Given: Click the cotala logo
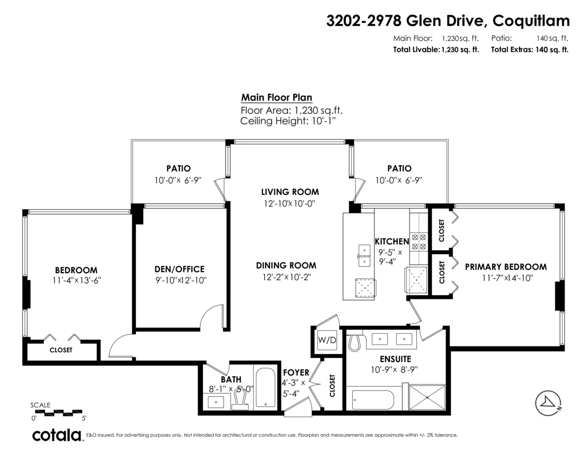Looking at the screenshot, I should (x=57, y=435).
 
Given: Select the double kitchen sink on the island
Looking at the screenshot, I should (x=364, y=256).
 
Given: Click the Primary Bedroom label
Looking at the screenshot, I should (x=505, y=267).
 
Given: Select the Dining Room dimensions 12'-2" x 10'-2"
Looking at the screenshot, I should (x=286, y=277).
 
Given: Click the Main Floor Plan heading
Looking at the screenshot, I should (x=276, y=97).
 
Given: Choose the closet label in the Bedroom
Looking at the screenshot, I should (x=61, y=350).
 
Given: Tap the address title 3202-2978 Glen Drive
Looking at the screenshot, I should (x=448, y=21).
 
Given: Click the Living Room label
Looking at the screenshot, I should (x=290, y=192).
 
